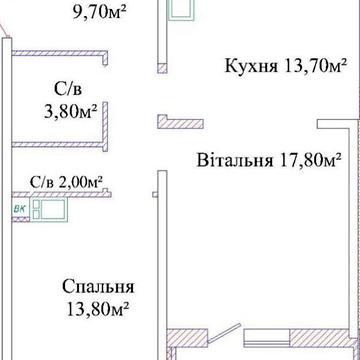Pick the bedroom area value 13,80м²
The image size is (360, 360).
point(94,309)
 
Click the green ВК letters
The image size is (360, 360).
point(19,209)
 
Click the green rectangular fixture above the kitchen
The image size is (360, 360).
point(182,11)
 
